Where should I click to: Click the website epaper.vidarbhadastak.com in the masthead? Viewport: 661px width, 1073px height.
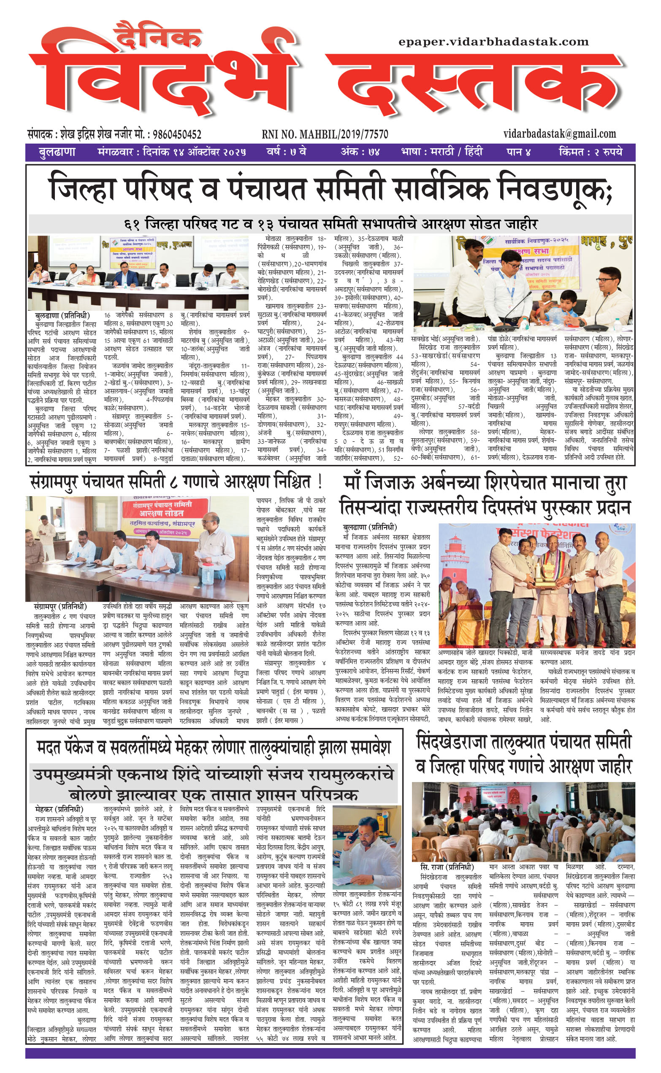point(493,42)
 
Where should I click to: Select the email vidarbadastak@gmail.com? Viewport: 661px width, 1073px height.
point(560,134)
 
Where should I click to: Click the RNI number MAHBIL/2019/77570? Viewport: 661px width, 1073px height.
point(325,134)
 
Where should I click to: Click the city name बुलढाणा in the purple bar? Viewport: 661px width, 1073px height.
point(57,152)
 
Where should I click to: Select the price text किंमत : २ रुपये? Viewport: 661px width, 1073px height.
point(590,152)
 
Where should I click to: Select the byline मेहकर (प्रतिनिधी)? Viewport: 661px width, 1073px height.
point(59,810)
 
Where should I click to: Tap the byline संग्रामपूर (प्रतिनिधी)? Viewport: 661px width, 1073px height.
point(60,607)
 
